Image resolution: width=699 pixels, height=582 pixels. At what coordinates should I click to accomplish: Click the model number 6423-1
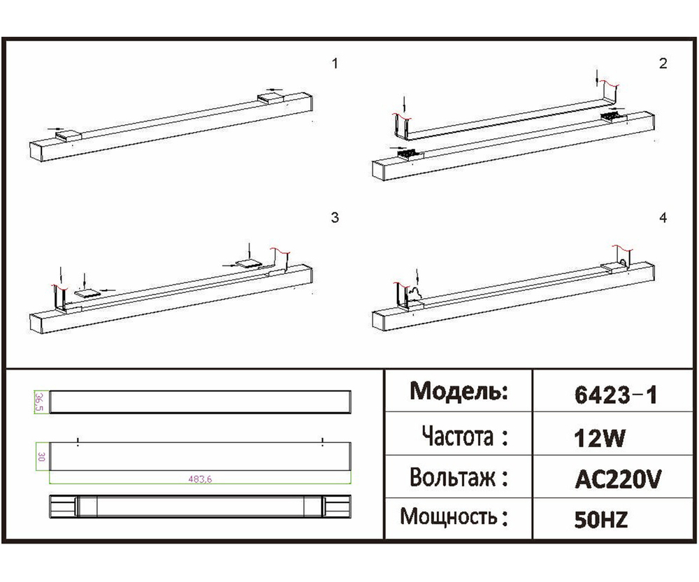[615, 395]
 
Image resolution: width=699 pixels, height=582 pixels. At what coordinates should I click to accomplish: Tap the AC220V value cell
[617, 479]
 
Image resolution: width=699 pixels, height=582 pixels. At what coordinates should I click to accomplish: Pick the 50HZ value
[600, 520]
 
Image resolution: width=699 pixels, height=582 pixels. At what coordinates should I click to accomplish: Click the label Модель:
[458, 391]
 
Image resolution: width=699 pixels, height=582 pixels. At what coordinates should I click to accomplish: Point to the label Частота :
[464, 437]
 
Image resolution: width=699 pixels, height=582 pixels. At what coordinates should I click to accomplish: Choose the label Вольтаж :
[458, 479]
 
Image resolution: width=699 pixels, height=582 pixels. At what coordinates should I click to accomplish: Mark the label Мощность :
[453, 518]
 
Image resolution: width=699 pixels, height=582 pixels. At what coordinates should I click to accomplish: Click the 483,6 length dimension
[201, 479]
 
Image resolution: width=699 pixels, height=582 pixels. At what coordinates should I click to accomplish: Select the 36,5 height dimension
[40, 402]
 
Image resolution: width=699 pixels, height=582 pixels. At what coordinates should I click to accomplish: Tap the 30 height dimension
[41, 458]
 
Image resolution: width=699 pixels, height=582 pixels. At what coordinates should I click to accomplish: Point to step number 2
[663, 64]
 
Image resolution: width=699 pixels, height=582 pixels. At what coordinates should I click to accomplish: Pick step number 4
[663, 218]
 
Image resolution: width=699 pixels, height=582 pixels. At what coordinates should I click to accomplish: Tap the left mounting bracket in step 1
[70, 135]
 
